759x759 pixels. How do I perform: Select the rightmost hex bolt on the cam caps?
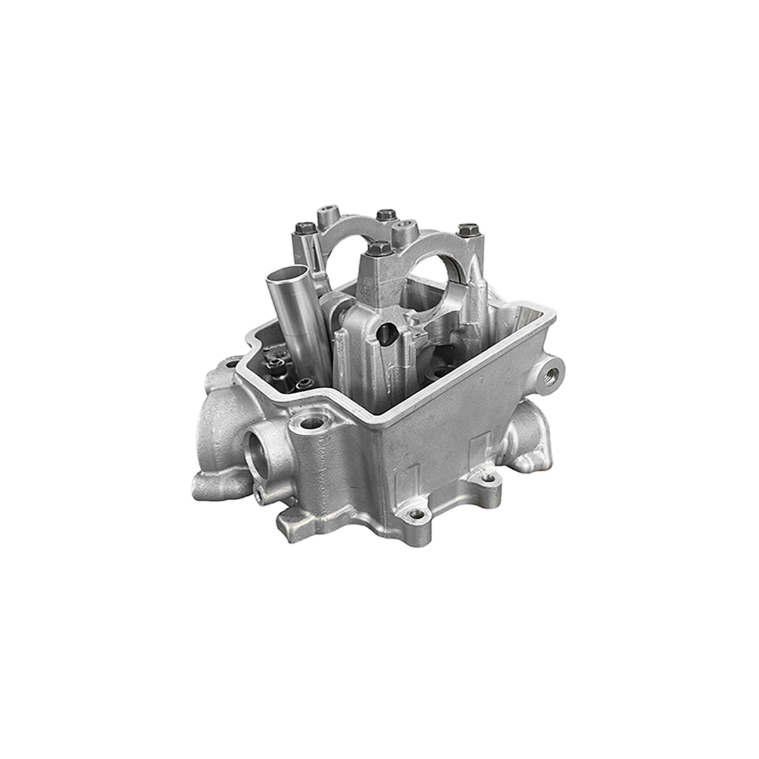tap(466, 229)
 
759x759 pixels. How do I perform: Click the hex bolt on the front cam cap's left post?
tap(378, 247)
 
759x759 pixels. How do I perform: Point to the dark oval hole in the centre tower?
tap(386, 331)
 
